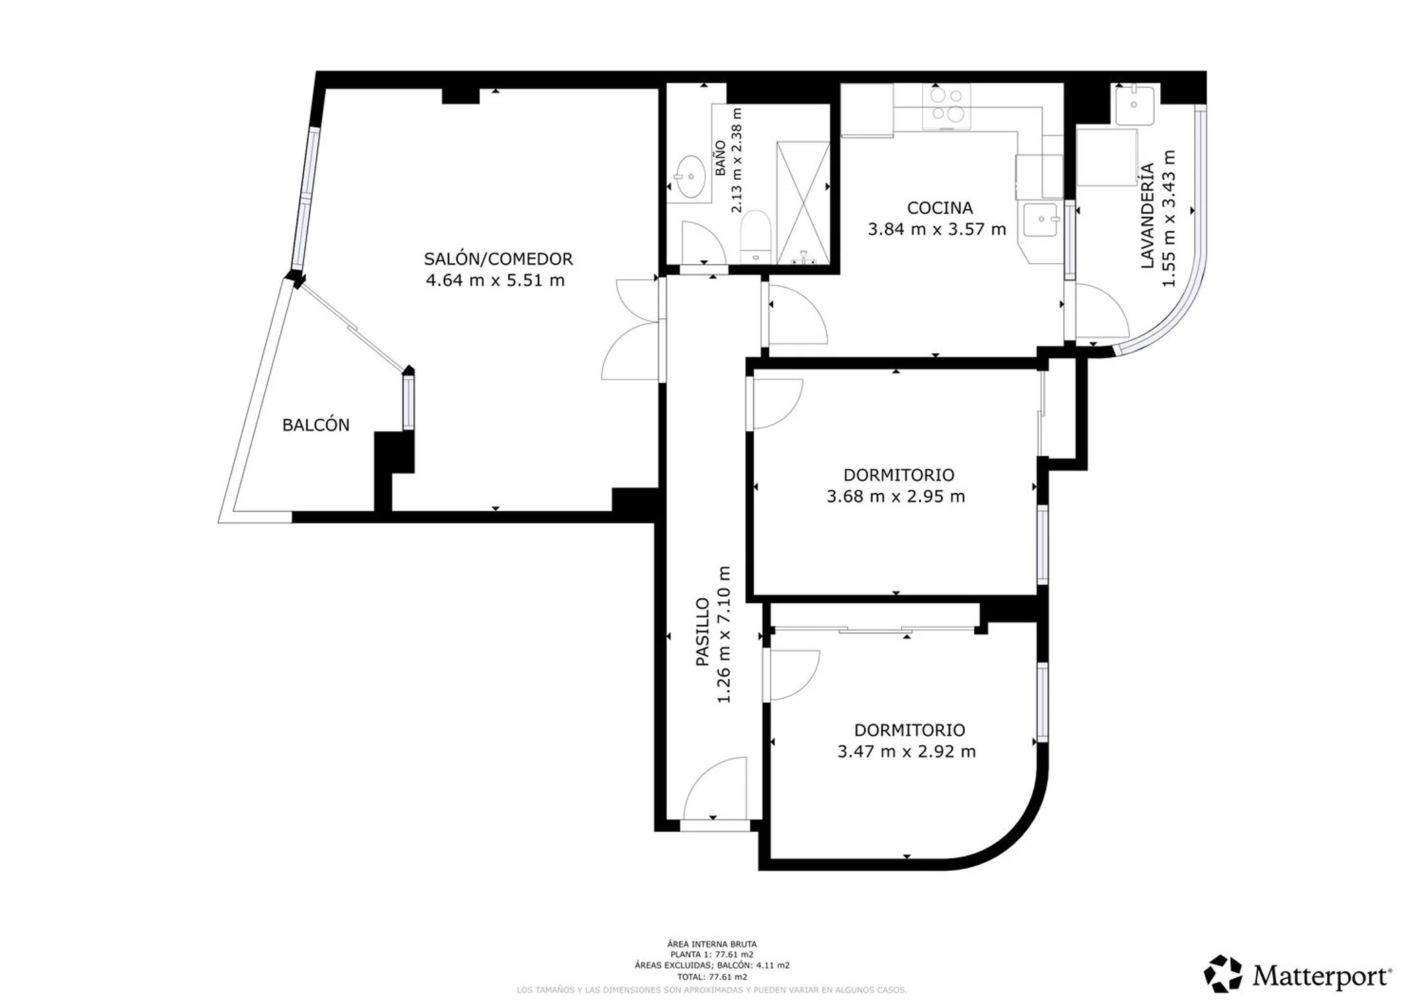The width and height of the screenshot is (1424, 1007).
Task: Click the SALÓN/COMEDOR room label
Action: coord(498,258)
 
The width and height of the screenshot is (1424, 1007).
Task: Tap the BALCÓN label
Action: coord(316,425)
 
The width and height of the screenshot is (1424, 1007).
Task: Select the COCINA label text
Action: coord(940,208)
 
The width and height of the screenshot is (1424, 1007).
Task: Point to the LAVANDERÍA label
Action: coord(1147,215)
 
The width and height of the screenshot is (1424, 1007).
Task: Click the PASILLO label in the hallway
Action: coord(702,632)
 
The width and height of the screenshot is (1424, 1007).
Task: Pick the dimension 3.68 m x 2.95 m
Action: coord(896,497)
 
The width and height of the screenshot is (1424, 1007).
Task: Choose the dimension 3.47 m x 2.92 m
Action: coord(906,751)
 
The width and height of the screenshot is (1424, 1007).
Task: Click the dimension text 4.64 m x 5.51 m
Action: coord(495,280)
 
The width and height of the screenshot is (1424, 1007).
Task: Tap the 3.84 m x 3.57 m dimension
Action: coord(937,229)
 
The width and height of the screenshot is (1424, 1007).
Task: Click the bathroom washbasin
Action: coord(690,177)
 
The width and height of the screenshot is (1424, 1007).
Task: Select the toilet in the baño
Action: coord(755,236)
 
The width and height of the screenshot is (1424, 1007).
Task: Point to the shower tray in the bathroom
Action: coord(803,202)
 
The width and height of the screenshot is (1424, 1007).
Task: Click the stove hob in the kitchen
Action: coord(946,106)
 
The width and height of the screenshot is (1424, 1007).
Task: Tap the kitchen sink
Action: coord(1040,220)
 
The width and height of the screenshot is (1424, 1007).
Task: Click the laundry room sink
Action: coord(1135,105)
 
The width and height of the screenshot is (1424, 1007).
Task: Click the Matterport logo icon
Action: coord(1223,974)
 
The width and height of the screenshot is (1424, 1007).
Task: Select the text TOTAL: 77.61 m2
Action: coord(712,977)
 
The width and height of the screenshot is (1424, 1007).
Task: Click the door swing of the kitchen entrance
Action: coord(798,315)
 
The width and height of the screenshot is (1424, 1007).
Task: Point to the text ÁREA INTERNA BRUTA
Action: coord(712,944)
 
